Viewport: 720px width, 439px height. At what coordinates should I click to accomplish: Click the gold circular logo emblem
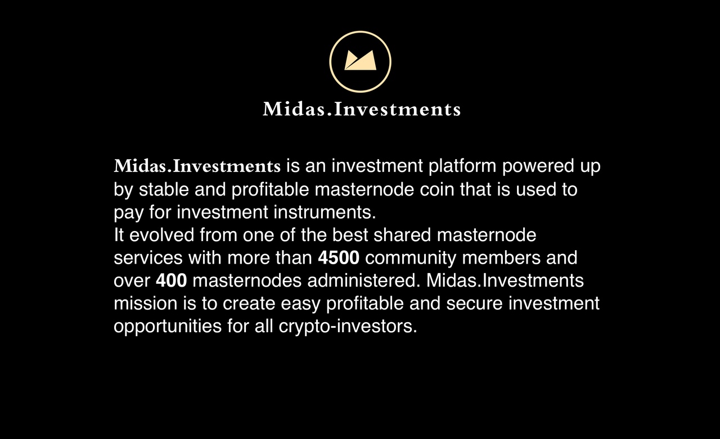click(x=361, y=31)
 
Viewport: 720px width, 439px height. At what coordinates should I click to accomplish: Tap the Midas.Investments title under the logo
click(x=362, y=109)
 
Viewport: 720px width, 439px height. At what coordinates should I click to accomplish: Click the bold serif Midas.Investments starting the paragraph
click(x=197, y=166)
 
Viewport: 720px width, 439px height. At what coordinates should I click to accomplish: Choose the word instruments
click(x=325, y=212)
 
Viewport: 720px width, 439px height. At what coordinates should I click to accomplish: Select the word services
click(x=148, y=258)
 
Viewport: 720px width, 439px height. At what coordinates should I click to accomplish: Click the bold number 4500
click(x=339, y=258)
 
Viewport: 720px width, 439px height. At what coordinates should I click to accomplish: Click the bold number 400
click(x=172, y=280)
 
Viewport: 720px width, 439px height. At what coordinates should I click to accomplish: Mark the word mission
click(x=146, y=304)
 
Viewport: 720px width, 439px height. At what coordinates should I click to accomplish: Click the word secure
click(x=474, y=304)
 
